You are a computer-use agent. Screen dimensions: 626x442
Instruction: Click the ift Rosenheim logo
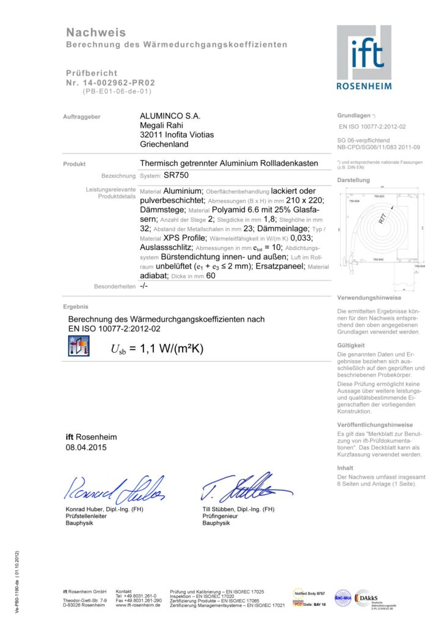pyautogui.click(x=364, y=57)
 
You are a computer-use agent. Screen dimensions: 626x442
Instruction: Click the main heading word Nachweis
pyautogui.click(x=96, y=32)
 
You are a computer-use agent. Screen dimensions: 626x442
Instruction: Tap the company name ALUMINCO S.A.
pyautogui.click(x=170, y=116)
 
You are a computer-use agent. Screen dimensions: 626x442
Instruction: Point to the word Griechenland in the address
pyautogui.click(x=164, y=144)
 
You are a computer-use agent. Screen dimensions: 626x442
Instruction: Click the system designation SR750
pyautogui.click(x=176, y=175)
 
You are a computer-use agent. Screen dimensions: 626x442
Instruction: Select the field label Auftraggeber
pyautogui.click(x=82, y=116)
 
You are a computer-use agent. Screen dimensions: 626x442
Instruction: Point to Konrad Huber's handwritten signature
pyautogui.click(x=114, y=487)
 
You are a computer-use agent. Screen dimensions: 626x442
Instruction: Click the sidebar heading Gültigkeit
pyautogui.click(x=351, y=345)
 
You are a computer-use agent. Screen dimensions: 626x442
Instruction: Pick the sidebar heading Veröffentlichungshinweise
pyautogui.click(x=375, y=424)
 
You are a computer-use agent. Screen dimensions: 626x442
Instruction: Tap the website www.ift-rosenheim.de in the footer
pyautogui.click(x=138, y=605)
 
